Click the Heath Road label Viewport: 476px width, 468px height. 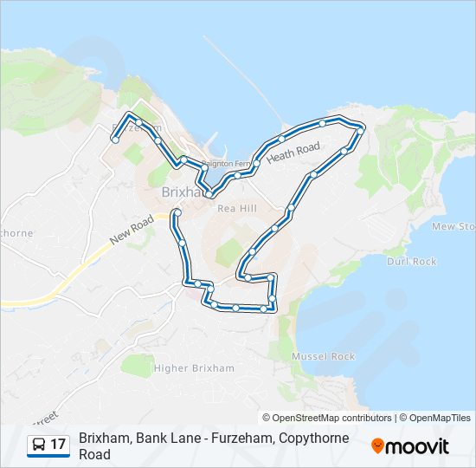click(293, 153)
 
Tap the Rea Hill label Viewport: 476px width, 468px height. click(237, 208)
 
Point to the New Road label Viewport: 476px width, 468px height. click(132, 230)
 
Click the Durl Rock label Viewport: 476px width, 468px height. click(411, 261)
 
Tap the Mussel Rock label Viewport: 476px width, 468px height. click(324, 356)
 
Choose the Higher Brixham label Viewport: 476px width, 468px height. click(194, 368)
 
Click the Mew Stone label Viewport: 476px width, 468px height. click(453, 226)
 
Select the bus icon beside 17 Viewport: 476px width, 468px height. click(40, 445)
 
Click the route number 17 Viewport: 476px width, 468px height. click(58, 445)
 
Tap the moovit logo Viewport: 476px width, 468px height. click(410, 445)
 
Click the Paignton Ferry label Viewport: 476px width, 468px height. click(226, 163)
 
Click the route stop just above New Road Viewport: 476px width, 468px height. click(177, 212)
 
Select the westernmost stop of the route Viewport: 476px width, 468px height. click(114, 140)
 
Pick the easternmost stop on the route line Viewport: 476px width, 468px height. click(360, 128)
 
